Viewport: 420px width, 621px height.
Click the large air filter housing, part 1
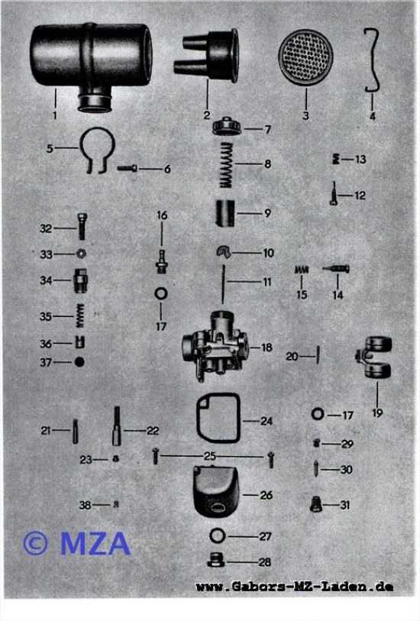pyautogui.click(x=91, y=60)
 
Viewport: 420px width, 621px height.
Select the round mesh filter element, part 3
pyautogui.click(x=305, y=57)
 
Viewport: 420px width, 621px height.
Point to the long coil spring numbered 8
pyautogui.click(x=226, y=165)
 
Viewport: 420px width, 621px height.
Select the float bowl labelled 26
pyautogui.click(x=215, y=491)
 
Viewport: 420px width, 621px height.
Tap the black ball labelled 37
pyautogui.click(x=79, y=361)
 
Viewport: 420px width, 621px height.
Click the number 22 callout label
pyautogui.click(x=153, y=431)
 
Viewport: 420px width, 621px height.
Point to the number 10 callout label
pyautogui.click(x=268, y=253)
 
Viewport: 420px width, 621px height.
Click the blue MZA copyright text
pyautogui.click(x=77, y=543)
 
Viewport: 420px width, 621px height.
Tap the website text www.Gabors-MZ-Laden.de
pyautogui.click(x=295, y=586)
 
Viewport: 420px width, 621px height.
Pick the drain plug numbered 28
pyautogui.click(x=216, y=560)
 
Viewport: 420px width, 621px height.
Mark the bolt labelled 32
pyautogui.click(x=82, y=226)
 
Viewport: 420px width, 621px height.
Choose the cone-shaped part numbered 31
pyautogui.click(x=315, y=504)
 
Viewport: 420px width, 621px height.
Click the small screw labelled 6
pyautogui.click(x=127, y=168)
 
